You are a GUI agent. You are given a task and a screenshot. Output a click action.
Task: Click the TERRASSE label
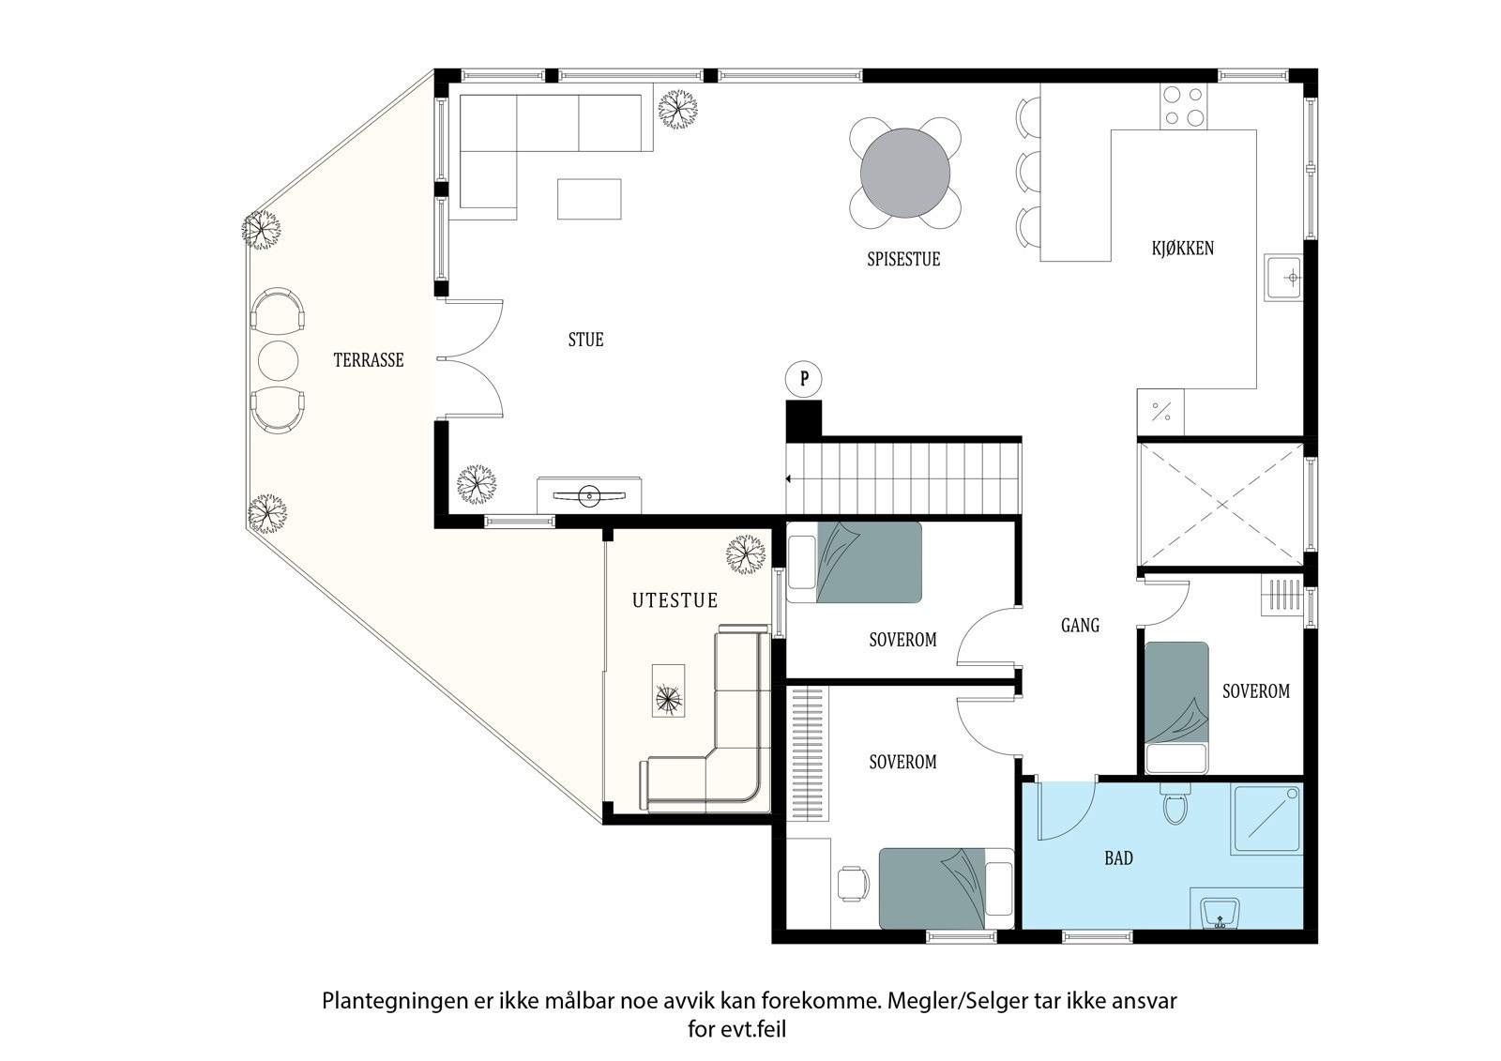click(369, 360)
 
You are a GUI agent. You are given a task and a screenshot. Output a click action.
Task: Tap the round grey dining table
click(905, 174)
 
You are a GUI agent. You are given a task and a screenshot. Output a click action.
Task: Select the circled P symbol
click(803, 379)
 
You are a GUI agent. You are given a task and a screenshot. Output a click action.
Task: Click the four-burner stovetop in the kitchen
click(1183, 106)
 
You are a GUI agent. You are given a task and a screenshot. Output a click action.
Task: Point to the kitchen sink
click(1284, 278)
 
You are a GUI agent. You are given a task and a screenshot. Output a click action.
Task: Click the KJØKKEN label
click(1183, 249)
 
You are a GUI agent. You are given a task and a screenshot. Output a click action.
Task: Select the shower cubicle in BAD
click(1267, 819)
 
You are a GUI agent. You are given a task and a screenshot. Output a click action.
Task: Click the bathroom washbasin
click(1220, 911)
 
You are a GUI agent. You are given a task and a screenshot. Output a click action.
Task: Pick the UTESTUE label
click(675, 600)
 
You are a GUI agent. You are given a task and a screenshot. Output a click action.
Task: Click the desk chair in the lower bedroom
click(851, 883)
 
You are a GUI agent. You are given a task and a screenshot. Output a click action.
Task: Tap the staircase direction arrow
click(789, 479)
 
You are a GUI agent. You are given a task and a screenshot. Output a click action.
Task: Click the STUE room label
click(585, 340)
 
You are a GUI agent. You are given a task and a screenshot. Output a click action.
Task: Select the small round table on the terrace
click(277, 359)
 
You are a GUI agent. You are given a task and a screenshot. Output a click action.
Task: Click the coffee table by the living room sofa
click(589, 199)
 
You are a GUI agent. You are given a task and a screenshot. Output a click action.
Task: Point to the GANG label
click(1080, 625)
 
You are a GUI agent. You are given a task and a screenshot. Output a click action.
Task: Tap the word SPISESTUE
click(903, 260)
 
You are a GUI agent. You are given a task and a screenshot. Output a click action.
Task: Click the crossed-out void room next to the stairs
click(1221, 505)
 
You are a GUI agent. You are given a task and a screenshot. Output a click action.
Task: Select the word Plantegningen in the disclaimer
click(387, 1001)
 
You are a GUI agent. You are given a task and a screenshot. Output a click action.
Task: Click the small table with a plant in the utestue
click(669, 691)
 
